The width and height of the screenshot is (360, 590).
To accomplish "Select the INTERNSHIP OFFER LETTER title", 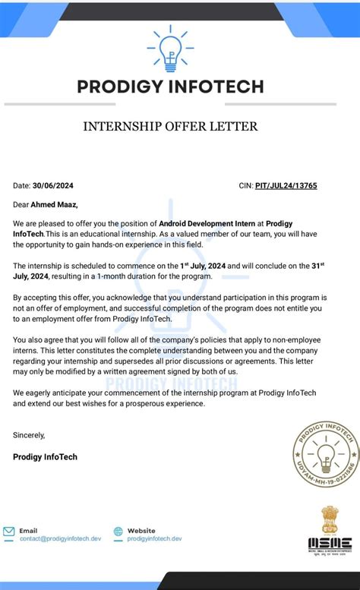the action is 170,126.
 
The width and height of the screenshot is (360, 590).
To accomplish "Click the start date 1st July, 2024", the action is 208,266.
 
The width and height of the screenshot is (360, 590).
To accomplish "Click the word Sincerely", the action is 29,435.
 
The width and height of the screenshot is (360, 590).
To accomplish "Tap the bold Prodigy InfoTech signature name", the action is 46,457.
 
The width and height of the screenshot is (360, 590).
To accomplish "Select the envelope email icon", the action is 9,532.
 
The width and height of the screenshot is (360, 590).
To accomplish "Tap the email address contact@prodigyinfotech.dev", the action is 60,538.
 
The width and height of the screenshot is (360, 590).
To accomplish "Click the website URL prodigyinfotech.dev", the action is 155,538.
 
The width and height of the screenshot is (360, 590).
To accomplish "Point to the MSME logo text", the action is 330,544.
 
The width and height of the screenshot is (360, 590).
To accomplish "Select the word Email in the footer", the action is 28,530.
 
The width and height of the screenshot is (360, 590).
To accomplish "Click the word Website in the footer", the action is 141,530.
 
